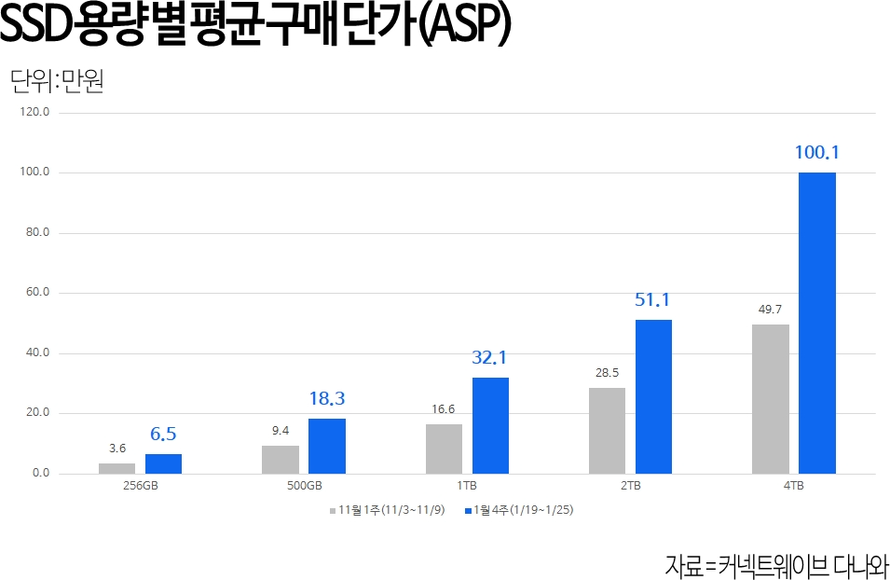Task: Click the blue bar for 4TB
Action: [817, 323]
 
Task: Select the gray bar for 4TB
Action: [771, 399]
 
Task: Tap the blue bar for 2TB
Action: [653, 396]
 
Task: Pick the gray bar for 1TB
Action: [444, 449]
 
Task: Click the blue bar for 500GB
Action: [327, 446]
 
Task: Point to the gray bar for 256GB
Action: [116, 468]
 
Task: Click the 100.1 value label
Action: [817, 152]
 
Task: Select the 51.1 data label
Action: [653, 300]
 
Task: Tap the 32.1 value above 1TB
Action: [490, 357]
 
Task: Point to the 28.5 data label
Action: [608, 372]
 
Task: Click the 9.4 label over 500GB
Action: [280, 430]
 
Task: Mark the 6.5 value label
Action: [163, 434]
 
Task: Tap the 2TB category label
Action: [631, 487]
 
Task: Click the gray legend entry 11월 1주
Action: [386, 511]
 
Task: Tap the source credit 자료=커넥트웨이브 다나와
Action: [776, 563]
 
